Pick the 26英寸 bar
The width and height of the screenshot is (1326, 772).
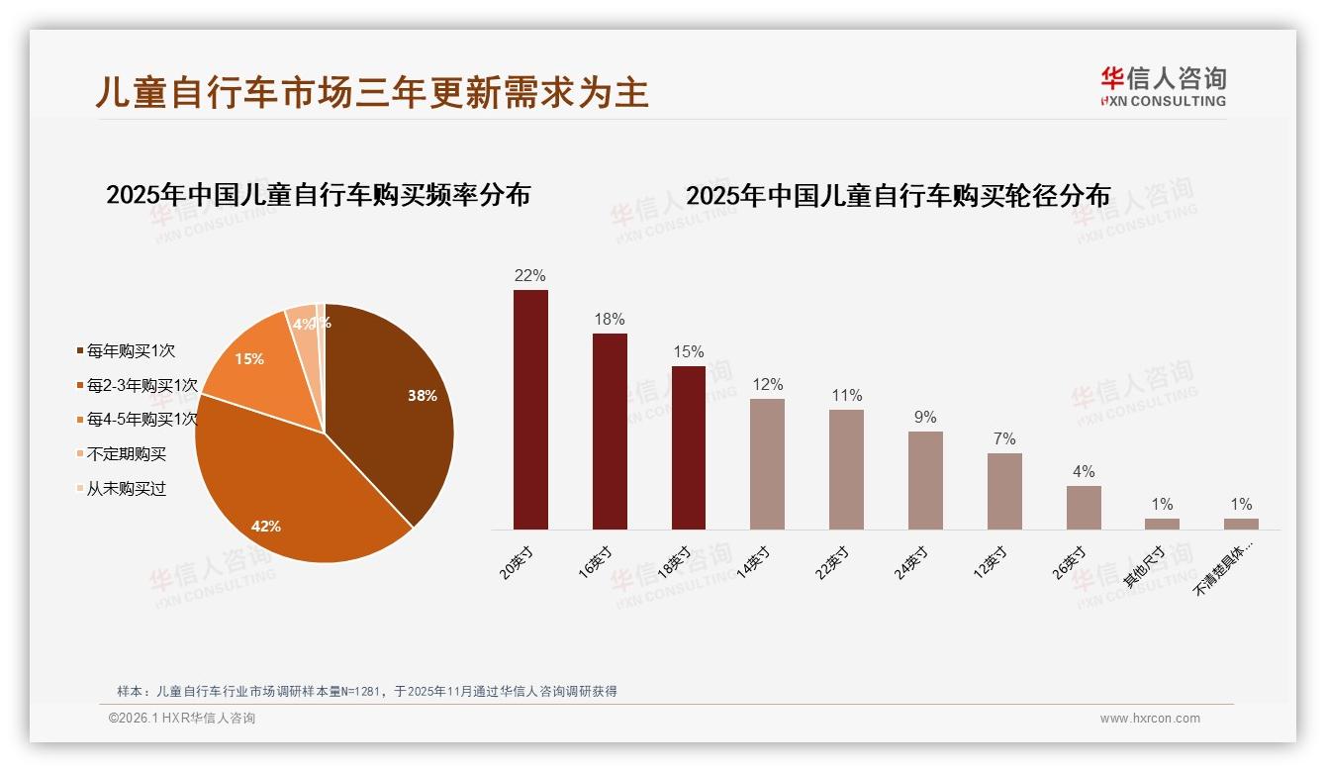tap(1084, 507)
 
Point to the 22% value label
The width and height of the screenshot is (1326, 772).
tap(529, 275)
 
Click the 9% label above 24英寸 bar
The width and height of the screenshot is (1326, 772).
tap(925, 417)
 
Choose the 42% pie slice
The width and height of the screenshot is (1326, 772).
tap(287, 495)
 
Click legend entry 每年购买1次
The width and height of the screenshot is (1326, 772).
tap(130, 350)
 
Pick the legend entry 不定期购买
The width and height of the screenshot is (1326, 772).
tap(126, 454)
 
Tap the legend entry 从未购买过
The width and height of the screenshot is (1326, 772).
tap(126, 489)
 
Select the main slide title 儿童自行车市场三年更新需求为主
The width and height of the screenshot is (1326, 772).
tap(372, 92)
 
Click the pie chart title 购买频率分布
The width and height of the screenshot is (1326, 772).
tap(318, 194)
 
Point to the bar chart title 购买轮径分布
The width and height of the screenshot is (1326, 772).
tap(898, 195)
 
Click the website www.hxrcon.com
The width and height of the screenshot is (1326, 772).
tap(1150, 719)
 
